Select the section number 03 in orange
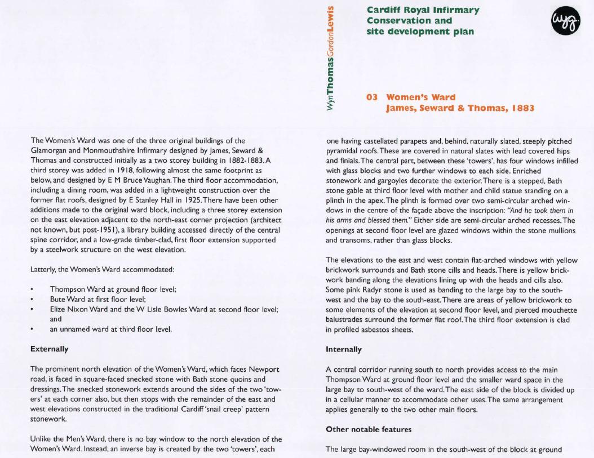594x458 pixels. click(x=372, y=97)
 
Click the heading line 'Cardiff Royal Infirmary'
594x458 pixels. click(x=423, y=10)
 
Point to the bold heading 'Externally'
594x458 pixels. click(x=50, y=349)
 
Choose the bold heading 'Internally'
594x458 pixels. click(x=344, y=349)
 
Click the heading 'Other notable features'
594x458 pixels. click(x=369, y=429)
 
